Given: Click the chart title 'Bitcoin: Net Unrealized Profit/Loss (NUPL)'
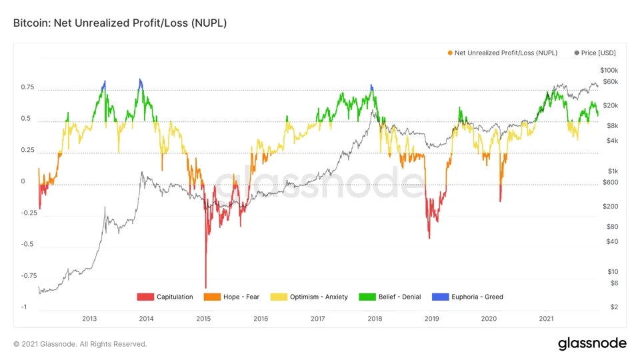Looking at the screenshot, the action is (x=120, y=23).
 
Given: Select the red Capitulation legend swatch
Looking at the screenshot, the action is (x=145, y=297).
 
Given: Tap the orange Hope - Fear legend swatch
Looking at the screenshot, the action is (x=212, y=297).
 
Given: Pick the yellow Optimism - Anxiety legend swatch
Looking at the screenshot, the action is (x=279, y=297).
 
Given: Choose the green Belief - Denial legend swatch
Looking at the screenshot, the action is (x=367, y=297).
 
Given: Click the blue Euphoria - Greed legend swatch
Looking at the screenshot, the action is (x=440, y=297).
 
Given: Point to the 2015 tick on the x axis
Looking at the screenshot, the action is (x=203, y=319).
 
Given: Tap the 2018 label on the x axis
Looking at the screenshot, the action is (x=375, y=319).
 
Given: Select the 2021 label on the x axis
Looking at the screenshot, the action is (x=546, y=319).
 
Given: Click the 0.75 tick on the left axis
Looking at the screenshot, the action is (x=28, y=87).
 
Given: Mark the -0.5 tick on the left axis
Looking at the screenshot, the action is (x=28, y=244).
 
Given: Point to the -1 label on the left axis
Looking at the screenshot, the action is (x=24, y=307).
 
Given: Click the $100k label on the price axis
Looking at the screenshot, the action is (x=609, y=71).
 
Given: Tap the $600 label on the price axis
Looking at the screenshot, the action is (x=610, y=183).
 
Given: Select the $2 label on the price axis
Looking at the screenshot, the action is (x=614, y=307).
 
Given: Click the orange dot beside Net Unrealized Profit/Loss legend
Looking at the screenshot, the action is (x=450, y=53).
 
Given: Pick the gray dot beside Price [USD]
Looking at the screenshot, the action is (x=577, y=53).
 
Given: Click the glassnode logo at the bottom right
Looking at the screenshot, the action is (x=592, y=344).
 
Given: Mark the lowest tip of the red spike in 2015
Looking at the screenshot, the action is (x=206, y=288).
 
